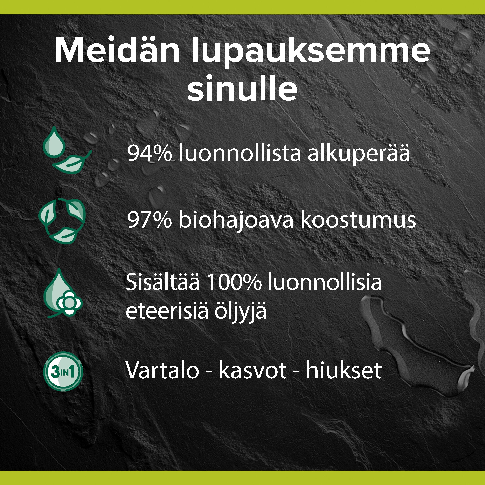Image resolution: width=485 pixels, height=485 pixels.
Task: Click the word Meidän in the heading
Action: tap(117, 50)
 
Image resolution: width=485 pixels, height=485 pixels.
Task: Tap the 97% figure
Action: tap(150, 220)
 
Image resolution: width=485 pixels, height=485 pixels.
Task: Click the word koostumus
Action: tap(358, 220)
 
